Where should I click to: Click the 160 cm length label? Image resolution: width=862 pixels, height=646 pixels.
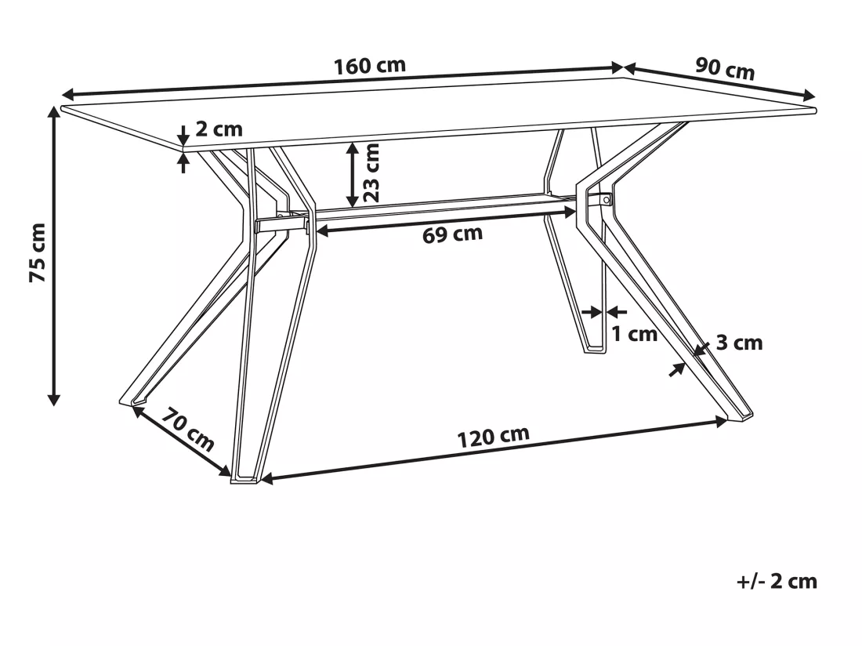pyautogui.click(x=370, y=65)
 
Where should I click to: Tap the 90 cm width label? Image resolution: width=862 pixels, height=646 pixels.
pyautogui.click(x=725, y=69)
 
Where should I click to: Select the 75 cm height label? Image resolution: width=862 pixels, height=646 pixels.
pyautogui.click(x=38, y=253)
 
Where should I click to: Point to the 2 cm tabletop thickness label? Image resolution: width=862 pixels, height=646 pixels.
pyautogui.click(x=219, y=129)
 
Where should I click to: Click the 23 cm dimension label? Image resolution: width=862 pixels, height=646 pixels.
pyautogui.click(x=371, y=172)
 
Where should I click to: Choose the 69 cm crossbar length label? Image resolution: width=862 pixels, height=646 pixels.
pyautogui.click(x=452, y=234)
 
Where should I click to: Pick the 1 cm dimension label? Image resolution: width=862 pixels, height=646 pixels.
pyautogui.click(x=635, y=333)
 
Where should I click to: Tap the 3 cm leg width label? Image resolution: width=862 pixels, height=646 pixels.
pyautogui.click(x=739, y=343)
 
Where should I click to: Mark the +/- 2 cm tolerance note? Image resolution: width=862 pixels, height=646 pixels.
pyautogui.click(x=777, y=581)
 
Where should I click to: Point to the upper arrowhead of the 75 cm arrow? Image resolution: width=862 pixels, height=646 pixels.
pyautogui.click(x=53, y=112)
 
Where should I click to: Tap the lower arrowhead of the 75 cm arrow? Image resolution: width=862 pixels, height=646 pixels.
pyautogui.click(x=53, y=400)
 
